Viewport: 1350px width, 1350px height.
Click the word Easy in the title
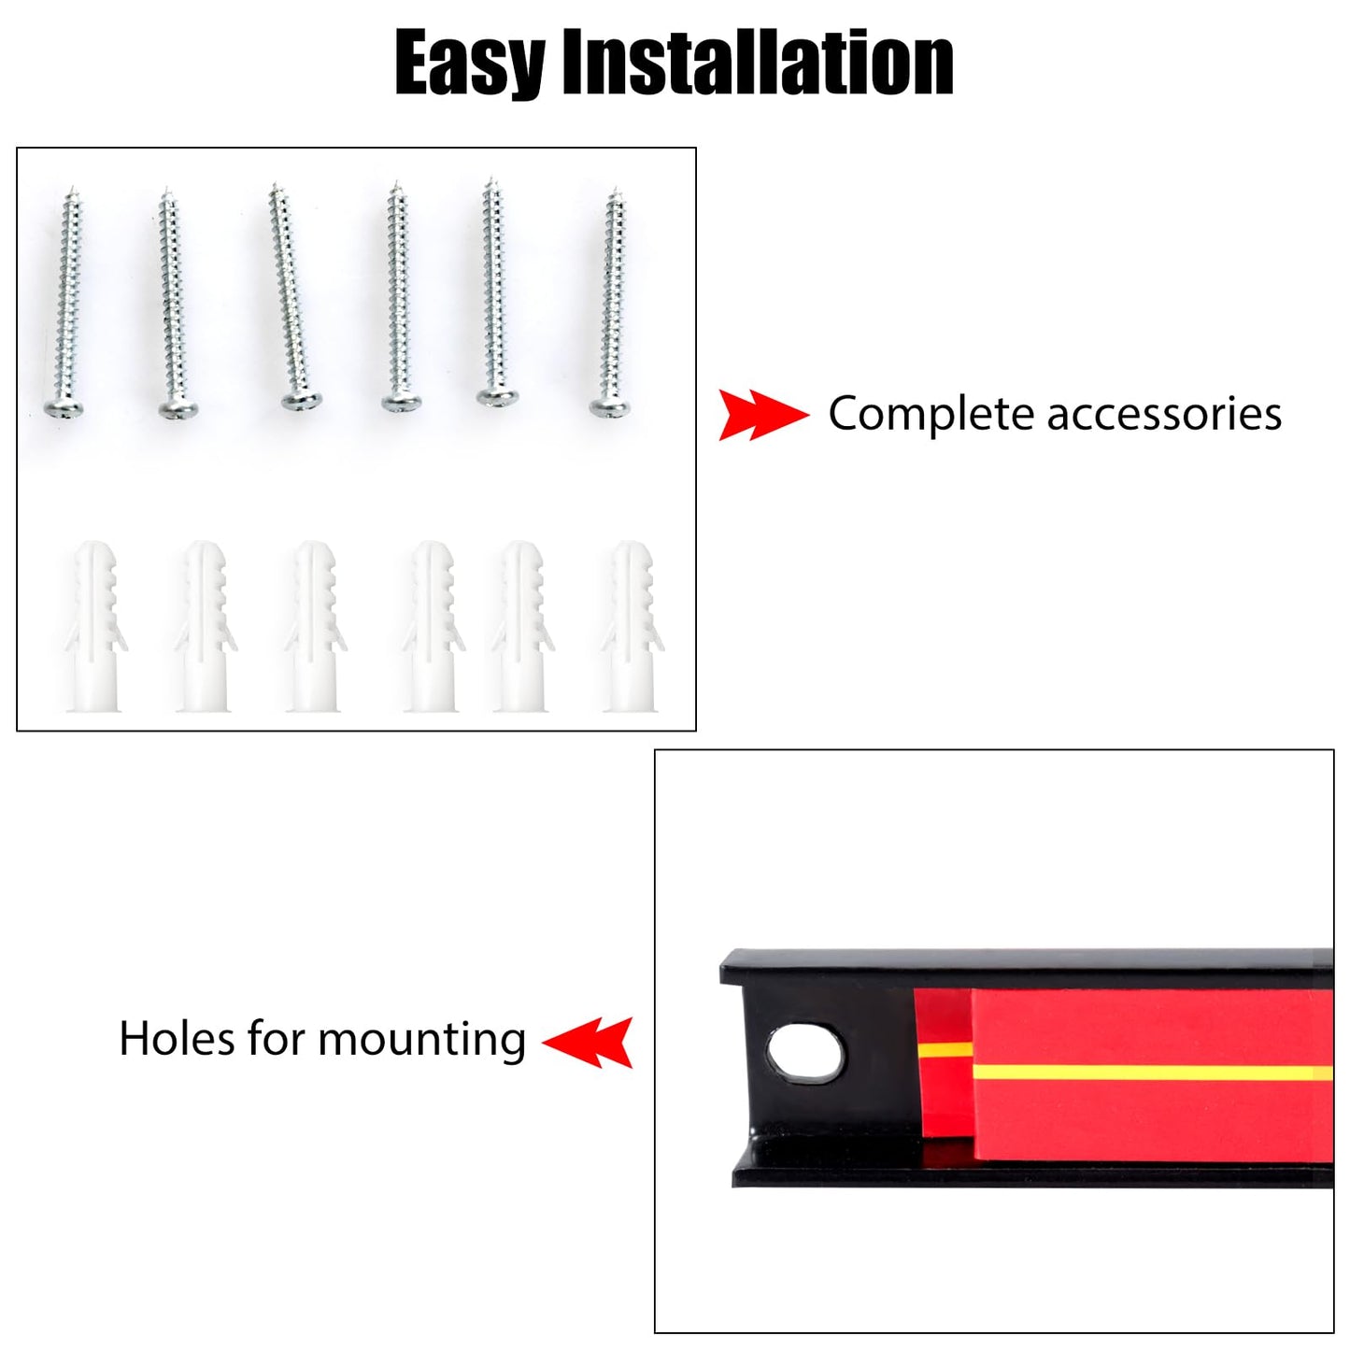[469, 64]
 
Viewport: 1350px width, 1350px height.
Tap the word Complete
[931, 415]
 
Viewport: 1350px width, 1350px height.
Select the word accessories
[1164, 414]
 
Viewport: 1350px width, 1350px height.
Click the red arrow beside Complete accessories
[763, 415]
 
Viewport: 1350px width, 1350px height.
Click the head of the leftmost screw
[64, 407]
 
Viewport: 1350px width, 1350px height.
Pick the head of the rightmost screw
[609, 406]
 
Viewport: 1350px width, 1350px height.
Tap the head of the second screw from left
[178, 407]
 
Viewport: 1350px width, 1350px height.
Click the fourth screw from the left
[400, 295]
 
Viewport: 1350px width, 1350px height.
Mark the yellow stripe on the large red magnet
[1153, 1073]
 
